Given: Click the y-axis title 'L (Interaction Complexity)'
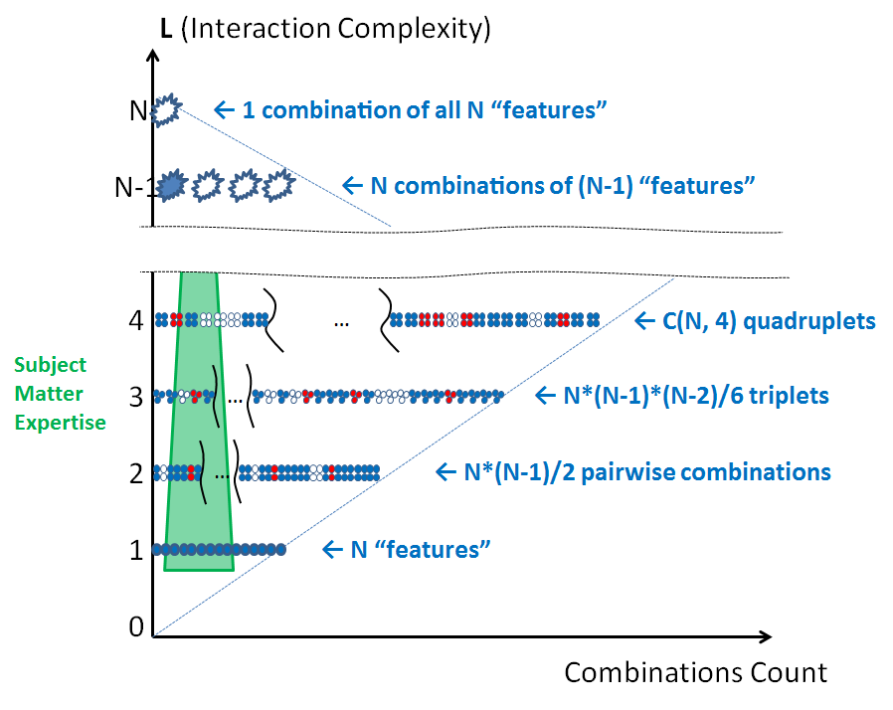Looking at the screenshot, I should pos(326,27).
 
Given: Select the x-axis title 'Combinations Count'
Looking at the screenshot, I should pos(695,672).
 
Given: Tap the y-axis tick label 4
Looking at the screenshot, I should pos(136,321).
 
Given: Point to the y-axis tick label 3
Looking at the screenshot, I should pos(136,398).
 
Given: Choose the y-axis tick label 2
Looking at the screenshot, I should pos(136,473).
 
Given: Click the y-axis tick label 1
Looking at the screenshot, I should pos(136,550).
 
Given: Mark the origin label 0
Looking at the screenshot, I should pos(136,625).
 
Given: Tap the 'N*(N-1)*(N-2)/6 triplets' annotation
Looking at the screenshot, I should pos(695,396).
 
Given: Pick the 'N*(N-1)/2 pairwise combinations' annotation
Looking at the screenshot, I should pos(647,472).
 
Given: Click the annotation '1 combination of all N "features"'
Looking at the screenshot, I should pos(425,108).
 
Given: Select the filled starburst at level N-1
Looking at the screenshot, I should pos(172,184).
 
